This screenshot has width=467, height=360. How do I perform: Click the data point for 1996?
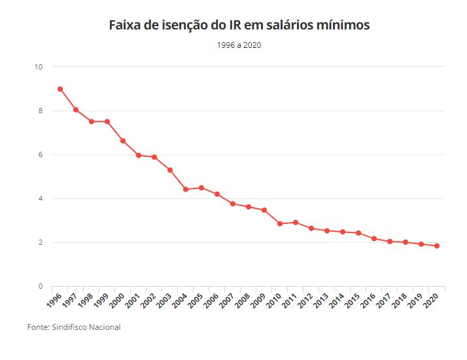click(x=60, y=89)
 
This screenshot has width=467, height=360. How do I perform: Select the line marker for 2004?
click(x=186, y=189)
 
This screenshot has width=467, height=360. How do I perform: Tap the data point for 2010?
click(x=280, y=224)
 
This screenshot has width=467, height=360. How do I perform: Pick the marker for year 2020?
click(x=437, y=246)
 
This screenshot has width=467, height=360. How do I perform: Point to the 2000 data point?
click(x=123, y=141)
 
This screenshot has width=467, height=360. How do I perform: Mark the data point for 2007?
click(x=233, y=204)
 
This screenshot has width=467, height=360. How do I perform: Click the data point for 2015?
click(x=358, y=233)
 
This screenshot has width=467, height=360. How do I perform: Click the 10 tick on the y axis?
click(x=39, y=67)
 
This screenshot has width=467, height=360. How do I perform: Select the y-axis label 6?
click(x=41, y=155)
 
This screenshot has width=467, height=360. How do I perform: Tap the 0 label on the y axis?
click(x=41, y=287)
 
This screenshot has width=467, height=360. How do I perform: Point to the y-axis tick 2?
click(x=41, y=243)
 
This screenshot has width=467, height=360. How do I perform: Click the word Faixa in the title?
click(x=124, y=26)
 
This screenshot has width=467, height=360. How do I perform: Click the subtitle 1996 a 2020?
click(x=239, y=45)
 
